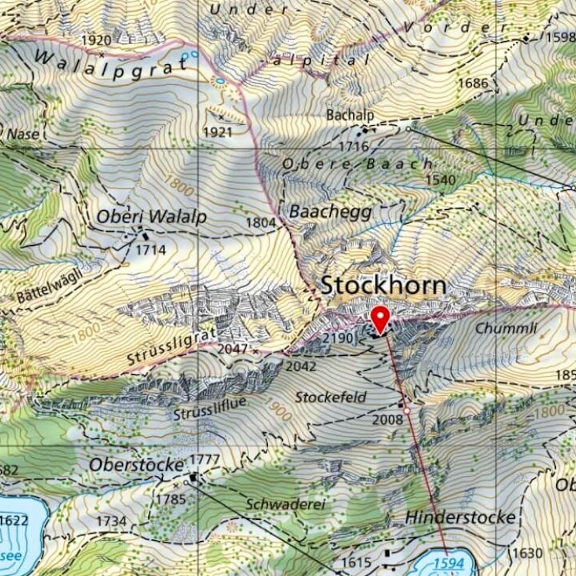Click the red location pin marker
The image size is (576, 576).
click(380, 319)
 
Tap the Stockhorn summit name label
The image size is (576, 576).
click(384, 285)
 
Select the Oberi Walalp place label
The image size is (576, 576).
click(151, 216)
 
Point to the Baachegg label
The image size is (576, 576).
click(330, 212)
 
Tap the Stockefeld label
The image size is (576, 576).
click(331, 397)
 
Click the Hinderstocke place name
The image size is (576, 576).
click(460, 517)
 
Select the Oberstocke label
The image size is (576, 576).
click(136, 465)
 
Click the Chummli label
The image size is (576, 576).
click(506, 329)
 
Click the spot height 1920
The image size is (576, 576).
click(96, 40)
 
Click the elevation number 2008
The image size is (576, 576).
click(387, 419)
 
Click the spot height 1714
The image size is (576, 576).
click(151, 250)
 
